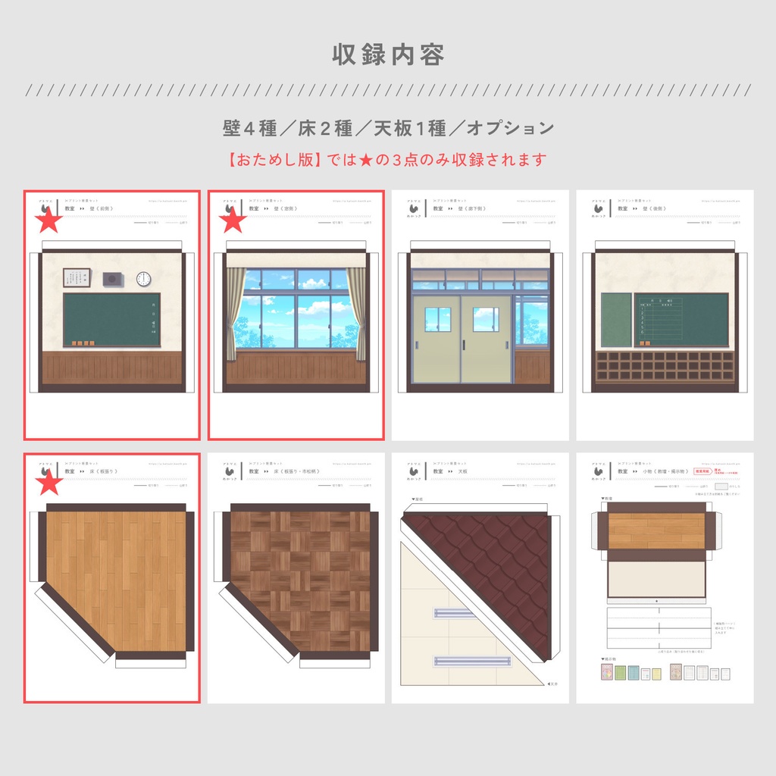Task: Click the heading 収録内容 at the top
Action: tap(388, 55)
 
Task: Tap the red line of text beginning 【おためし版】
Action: tap(387, 160)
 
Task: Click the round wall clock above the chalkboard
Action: tap(144, 279)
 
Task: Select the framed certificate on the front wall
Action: tap(77, 278)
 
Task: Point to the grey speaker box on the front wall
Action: tap(113, 279)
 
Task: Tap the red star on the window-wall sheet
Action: tap(233, 221)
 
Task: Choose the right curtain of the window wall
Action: tap(356, 312)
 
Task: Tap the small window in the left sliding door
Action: tap(438, 319)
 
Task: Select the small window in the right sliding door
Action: tap(486, 319)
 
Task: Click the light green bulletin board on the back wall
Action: tap(616, 320)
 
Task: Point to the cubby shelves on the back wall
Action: tap(665, 366)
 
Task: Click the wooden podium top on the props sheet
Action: tap(656, 530)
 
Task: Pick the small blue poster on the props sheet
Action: tap(634, 673)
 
